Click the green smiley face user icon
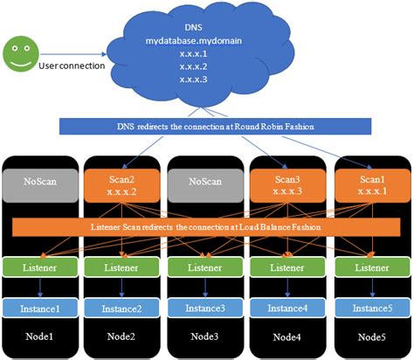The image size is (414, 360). (x=21, y=53)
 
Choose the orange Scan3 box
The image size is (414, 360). (x=287, y=185)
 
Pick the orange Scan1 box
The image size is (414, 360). (x=370, y=185)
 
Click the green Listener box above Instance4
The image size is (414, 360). (x=287, y=267)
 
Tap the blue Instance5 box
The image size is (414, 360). (x=370, y=308)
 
